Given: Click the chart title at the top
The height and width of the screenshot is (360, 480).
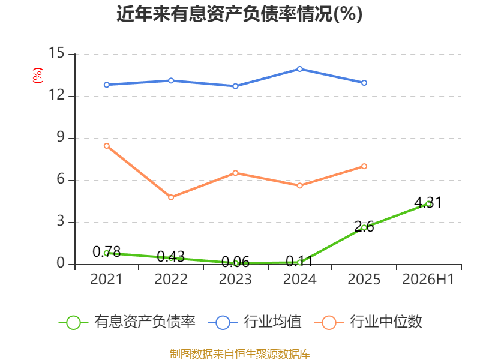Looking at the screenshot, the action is pos(239,14).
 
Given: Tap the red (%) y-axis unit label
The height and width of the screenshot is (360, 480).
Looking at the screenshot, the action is pos(38,76).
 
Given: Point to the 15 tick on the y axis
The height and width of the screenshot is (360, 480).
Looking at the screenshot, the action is pos(56,53).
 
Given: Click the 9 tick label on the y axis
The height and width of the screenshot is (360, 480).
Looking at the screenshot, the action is pos(61,137).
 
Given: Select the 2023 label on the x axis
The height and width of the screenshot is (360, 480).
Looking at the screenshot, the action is pos(235,279).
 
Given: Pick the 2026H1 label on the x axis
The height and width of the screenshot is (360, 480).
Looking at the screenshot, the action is pos(428,279).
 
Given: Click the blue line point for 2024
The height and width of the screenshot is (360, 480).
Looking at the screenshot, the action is pos(299,69).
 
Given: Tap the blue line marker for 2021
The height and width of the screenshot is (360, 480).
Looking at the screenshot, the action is pos(107,85).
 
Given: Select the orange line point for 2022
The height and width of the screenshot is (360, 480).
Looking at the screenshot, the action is pos(171,197).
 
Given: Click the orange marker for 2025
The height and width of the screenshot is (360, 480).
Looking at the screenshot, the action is pos(364,166).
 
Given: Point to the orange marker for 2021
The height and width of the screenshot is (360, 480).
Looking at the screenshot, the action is pos(107,146).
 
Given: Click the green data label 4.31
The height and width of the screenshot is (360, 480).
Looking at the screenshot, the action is pos(428,202).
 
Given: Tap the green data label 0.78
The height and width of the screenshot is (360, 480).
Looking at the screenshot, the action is pos(107,252).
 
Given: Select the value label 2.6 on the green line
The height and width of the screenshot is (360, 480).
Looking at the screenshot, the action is pos(364,227).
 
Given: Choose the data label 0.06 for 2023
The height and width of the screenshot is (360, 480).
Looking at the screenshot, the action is pos(235,262).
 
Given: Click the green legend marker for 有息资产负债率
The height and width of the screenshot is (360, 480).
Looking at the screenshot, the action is pos(73,323).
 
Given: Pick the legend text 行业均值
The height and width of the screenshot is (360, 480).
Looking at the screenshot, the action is pos(272,322).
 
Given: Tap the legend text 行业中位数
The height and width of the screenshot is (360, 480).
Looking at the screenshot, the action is pos(386,322).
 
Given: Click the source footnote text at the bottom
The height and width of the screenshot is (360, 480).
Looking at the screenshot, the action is pos(239,354).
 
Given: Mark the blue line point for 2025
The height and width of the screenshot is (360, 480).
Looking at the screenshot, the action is pos(364,83).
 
